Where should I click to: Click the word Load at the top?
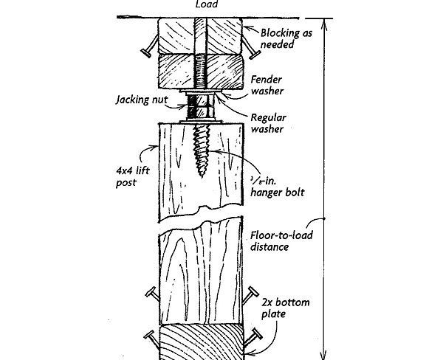[206, 4]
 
